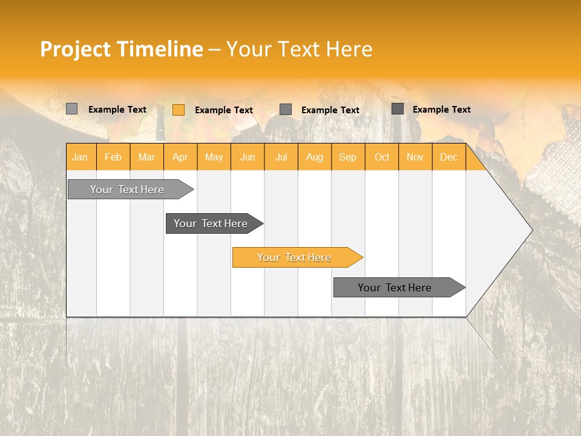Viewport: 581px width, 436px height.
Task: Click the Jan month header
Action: pyautogui.click(x=80, y=157)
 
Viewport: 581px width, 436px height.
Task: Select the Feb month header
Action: pyautogui.click(x=113, y=157)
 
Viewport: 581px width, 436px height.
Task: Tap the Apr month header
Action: pyautogui.click(x=180, y=157)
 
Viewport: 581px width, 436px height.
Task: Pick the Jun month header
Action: pyautogui.click(x=248, y=157)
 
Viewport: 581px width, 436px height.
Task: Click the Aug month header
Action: pyautogui.click(x=315, y=157)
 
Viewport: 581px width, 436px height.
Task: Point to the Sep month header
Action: pyautogui.click(x=348, y=157)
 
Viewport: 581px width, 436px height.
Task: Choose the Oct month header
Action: pyautogui.click(x=382, y=157)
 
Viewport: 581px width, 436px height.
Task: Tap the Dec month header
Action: pyautogui.click(x=449, y=157)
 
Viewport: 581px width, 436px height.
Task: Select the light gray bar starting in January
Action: pyautogui.click(x=127, y=190)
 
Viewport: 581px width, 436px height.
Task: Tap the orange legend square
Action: pyautogui.click(x=179, y=110)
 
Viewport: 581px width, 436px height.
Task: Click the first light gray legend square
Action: pyautogui.click(x=72, y=109)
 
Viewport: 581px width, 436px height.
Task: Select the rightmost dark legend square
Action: pyautogui.click(x=398, y=109)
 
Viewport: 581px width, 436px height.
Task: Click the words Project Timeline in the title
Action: pyautogui.click(x=122, y=49)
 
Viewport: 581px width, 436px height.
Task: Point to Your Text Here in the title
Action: pyautogui.click(x=300, y=49)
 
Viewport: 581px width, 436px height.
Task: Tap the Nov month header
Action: pyautogui.click(x=415, y=157)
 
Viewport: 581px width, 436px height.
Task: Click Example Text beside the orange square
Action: pyautogui.click(x=224, y=110)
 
